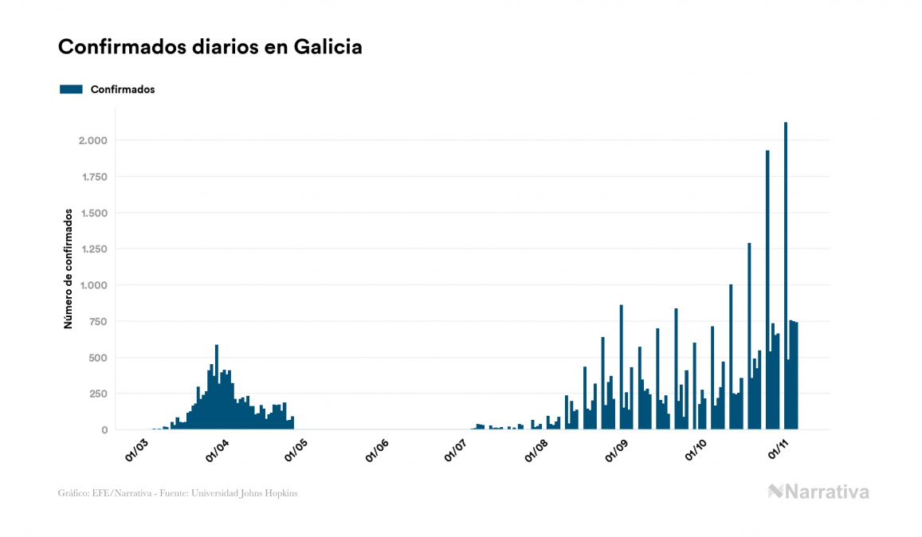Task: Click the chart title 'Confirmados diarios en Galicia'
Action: [x=210, y=47]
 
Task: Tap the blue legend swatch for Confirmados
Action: [x=71, y=89]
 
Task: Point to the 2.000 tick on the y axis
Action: [x=92, y=140]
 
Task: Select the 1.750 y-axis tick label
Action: [x=93, y=177]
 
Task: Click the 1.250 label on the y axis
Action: [x=93, y=249]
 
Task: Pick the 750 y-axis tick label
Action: [x=98, y=321]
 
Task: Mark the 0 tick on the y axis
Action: [x=104, y=430]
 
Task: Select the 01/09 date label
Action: [x=618, y=451]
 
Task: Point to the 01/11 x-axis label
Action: [x=779, y=451]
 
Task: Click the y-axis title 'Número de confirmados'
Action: [x=69, y=269]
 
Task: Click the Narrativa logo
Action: [x=818, y=492]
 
